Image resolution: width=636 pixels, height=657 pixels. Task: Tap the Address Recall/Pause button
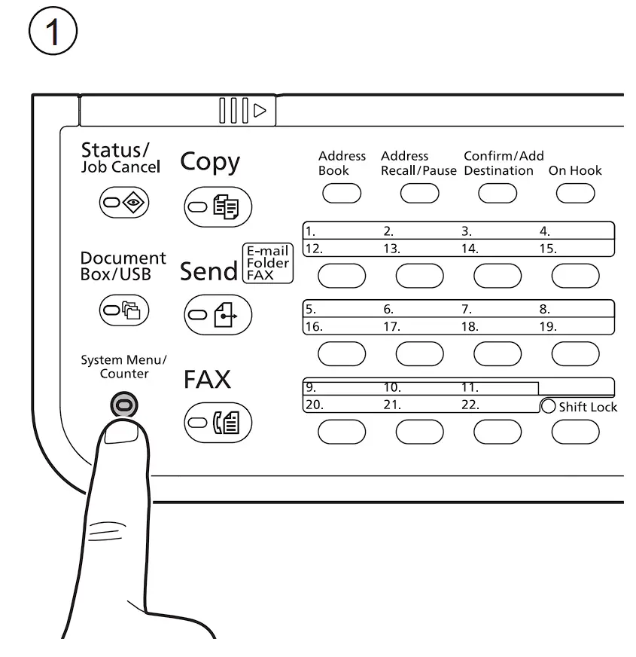point(419,193)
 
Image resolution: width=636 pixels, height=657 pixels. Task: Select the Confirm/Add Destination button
point(498,193)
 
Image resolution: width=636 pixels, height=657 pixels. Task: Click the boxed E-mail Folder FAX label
point(267,264)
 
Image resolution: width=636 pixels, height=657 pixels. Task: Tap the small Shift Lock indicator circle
point(548,407)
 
